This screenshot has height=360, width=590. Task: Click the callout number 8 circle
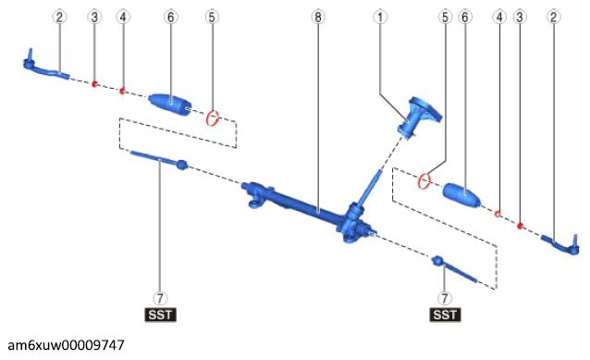click(318, 17)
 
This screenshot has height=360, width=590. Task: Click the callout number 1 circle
click(380, 17)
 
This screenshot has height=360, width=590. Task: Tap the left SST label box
click(160, 315)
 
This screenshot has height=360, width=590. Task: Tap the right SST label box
click(445, 315)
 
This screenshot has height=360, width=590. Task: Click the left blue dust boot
click(170, 104)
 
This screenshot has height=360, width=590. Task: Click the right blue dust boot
click(462, 195)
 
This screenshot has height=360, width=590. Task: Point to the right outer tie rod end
click(560, 244)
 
